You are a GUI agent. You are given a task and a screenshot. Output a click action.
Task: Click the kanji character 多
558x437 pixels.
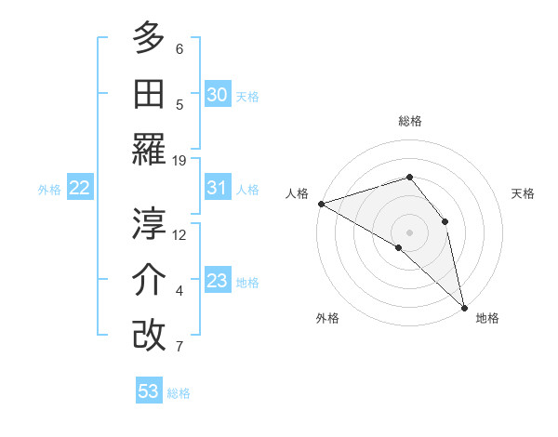pyautogui.click(x=150, y=38)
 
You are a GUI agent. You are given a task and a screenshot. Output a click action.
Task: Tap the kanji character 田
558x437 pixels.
pyautogui.click(x=150, y=94)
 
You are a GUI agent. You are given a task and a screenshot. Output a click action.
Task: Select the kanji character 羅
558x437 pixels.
pyautogui.click(x=150, y=149)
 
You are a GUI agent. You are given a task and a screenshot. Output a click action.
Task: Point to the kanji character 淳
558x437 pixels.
pyautogui.click(x=150, y=223)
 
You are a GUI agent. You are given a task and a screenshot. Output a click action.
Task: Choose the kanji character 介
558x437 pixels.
pyautogui.click(x=150, y=279)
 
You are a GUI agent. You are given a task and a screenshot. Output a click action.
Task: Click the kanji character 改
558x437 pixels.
pyautogui.click(x=150, y=335)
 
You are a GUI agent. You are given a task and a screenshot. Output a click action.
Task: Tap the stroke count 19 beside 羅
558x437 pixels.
pyautogui.click(x=180, y=160)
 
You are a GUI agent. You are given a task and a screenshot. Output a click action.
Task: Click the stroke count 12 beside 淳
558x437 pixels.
pyautogui.click(x=180, y=234)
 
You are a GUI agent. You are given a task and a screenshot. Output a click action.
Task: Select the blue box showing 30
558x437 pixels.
pyautogui.click(x=217, y=95)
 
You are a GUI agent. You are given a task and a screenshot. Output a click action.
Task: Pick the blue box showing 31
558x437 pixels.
pyautogui.click(x=217, y=188)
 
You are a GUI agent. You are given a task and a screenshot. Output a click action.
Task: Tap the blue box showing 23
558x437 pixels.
pyautogui.click(x=217, y=281)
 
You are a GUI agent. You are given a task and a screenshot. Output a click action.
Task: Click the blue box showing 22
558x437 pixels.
pyautogui.click(x=80, y=188)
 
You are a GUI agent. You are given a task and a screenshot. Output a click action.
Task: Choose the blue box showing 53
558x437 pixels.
pyautogui.click(x=149, y=391)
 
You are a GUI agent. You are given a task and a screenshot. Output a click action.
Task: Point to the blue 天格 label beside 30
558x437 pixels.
pyautogui.click(x=247, y=97)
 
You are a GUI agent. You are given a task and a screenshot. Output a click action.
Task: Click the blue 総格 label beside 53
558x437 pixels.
pyautogui.click(x=179, y=393)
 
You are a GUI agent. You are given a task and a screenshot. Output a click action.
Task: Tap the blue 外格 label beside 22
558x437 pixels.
pyautogui.click(x=49, y=190)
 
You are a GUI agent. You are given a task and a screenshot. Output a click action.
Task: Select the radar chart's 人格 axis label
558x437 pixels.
pyautogui.click(x=298, y=193)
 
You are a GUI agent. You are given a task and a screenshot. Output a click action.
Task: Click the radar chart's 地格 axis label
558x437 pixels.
pyautogui.click(x=487, y=318)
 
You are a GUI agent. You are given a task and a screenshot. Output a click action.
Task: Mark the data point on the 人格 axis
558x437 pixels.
pyautogui.click(x=321, y=203)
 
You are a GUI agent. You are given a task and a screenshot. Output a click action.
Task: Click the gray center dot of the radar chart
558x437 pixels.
pyautogui.click(x=409, y=231)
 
